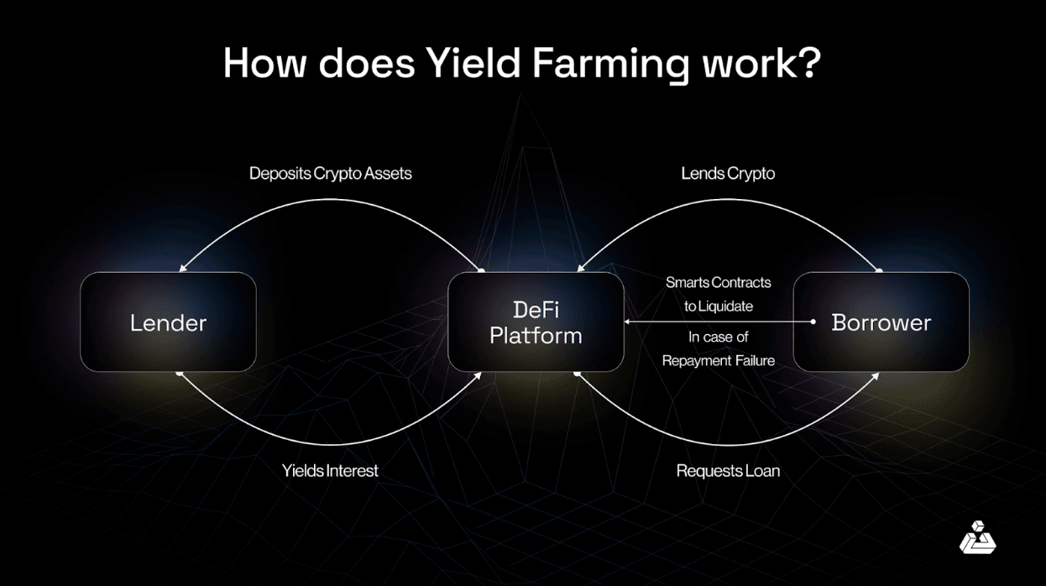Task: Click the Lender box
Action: tap(168, 322)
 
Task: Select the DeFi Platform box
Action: tap(536, 322)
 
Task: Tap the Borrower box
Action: tap(881, 322)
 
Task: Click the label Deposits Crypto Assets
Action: tap(330, 174)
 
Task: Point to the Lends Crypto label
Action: tap(727, 174)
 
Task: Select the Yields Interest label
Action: tap(330, 471)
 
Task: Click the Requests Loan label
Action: tap(728, 471)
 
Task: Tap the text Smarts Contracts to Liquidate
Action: tap(718, 294)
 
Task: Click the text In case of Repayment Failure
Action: tap(718, 348)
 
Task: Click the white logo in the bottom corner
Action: tap(977, 538)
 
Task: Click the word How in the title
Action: tap(260, 64)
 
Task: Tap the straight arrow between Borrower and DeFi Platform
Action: tap(718, 322)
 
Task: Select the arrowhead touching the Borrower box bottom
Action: tap(876, 374)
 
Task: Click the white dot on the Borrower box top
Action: tap(880, 270)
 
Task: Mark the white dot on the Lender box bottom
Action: tap(179, 373)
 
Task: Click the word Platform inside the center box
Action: tap(536, 336)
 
